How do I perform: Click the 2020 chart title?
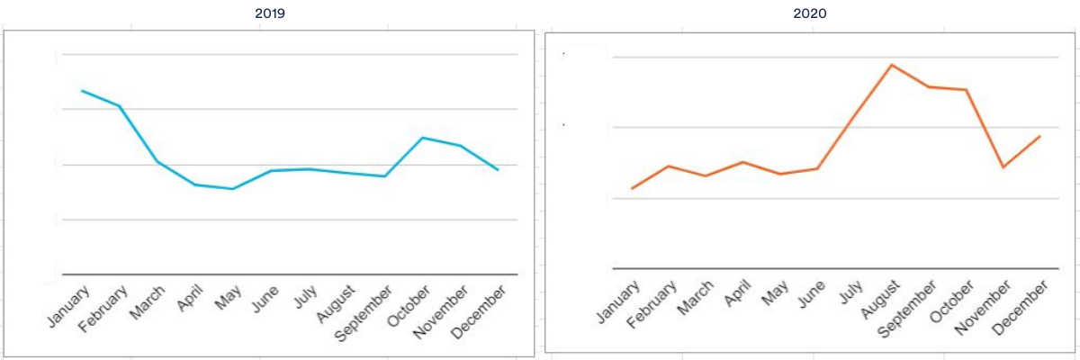(x=810, y=13)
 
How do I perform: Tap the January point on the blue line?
(x=82, y=91)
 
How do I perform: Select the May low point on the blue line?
(x=233, y=189)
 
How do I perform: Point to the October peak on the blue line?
(x=422, y=138)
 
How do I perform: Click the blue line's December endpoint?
(x=498, y=169)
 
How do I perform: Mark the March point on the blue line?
(x=157, y=161)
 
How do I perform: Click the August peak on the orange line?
(x=891, y=65)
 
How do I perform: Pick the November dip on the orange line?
(x=1003, y=167)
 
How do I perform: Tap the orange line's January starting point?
(x=632, y=188)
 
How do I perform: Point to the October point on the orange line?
(x=966, y=90)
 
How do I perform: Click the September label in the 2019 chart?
(x=364, y=314)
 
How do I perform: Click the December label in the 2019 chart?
(x=478, y=311)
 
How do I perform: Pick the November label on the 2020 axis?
(x=983, y=308)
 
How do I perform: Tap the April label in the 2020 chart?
(x=737, y=294)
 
